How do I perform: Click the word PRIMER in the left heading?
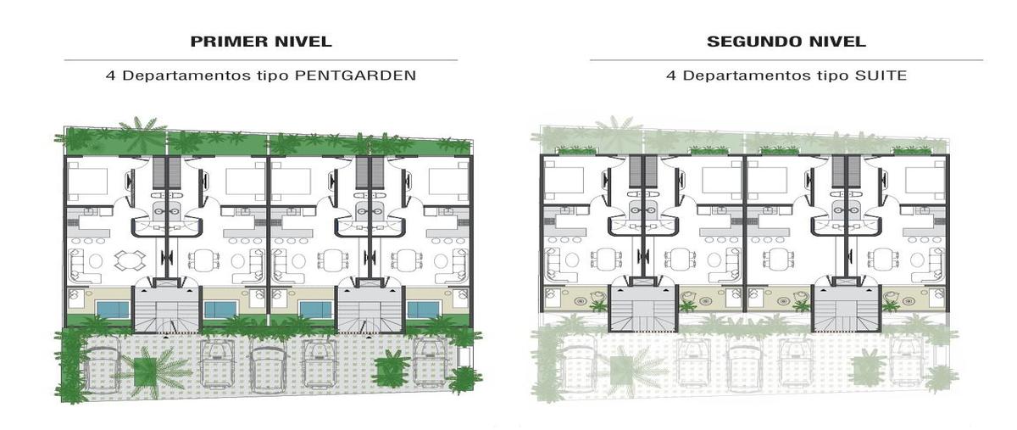(x=230, y=42)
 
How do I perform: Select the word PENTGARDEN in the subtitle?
(x=355, y=75)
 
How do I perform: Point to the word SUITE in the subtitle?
(x=881, y=75)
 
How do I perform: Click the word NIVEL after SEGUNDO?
(x=840, y=42)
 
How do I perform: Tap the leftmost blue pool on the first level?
(x=113, y=310)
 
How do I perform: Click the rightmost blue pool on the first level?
(x=423, y=310)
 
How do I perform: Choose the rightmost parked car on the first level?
(x=430, y=363)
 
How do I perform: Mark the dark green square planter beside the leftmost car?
(x=145, y=371)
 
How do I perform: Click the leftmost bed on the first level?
(x=88, y=181)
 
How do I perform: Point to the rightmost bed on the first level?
(x=448, y=181)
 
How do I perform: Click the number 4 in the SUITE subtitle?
(x=670, y=75)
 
